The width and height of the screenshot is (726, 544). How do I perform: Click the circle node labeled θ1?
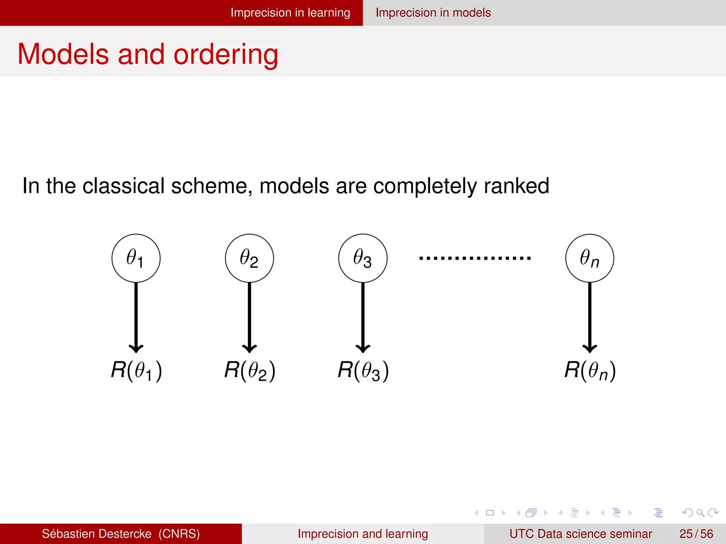[x=136, y=258]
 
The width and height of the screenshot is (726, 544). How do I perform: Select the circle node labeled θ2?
[x=249, y=258]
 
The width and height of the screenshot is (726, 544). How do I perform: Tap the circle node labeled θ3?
[x=363, y=258]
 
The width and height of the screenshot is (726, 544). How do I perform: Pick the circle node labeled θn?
[x=590, y=258]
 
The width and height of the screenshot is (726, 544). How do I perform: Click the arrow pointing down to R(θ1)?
[x=136, y=315]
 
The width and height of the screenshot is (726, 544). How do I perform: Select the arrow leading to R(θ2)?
[x=249, y=315]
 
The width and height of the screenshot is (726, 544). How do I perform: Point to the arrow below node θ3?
[x=363, y=315]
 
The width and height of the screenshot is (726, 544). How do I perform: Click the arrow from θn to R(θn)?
[x=590, y=315]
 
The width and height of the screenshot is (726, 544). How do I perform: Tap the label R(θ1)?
[x=136, y=370]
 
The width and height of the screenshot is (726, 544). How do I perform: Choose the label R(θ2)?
[x=250, y=370]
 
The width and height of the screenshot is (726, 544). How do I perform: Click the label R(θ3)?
[x=363, y=370]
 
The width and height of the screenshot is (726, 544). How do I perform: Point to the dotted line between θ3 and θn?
[x=475, y=258]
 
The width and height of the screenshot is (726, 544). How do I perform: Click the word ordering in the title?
[x=226, y=55]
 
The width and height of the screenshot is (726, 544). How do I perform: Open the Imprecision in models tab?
[x=433, y=13]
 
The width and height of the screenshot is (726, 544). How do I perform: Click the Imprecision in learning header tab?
[x=290, y=13]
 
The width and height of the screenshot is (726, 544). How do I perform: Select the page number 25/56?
[x=696, y=534]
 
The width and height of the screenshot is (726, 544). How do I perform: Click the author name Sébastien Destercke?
[x=96, y=534]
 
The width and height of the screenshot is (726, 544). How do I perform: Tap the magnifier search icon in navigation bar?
[x=700, y=512]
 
